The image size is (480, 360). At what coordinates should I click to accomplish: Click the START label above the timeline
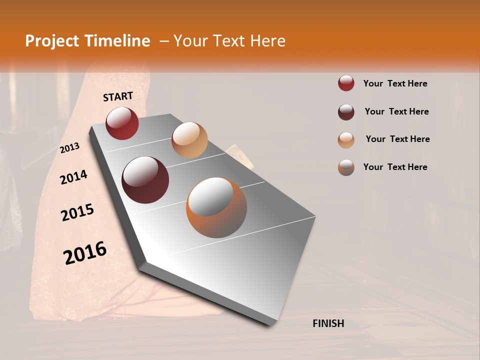point(118,96)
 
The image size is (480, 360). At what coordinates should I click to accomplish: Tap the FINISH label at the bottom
point(328,323)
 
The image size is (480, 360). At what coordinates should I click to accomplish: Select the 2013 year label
point(70,148)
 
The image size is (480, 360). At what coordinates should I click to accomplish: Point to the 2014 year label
point(74,177)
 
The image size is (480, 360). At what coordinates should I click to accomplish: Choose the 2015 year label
point(77,213)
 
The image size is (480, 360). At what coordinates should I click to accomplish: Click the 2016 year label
point(85,253)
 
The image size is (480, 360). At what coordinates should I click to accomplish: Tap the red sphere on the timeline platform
point(122,123)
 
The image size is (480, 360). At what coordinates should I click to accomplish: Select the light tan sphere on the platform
point(189,140)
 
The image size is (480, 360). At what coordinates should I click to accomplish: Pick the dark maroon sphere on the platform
point(145,180)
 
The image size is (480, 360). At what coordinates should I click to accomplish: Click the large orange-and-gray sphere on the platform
point(216,207)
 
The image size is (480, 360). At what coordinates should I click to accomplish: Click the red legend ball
point(346,83)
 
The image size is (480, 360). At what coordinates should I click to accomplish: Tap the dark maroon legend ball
point(346,112)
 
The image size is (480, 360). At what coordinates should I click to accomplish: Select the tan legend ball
point(346,140)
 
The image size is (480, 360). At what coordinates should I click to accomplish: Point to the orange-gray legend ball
point(346,167)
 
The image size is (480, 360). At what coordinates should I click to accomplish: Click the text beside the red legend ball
point(395,83)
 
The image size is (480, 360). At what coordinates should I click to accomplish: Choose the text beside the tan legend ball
point(397,139)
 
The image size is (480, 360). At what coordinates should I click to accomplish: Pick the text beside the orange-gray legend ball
point(395,167)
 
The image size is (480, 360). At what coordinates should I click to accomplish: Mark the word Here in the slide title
point(267,41)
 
